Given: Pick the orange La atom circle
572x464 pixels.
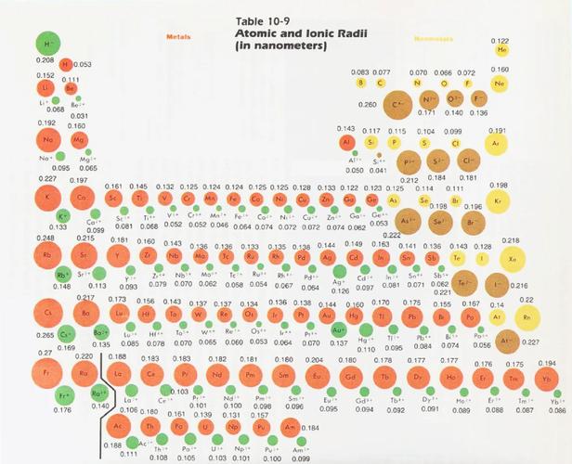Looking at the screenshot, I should (x=119, y=376).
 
